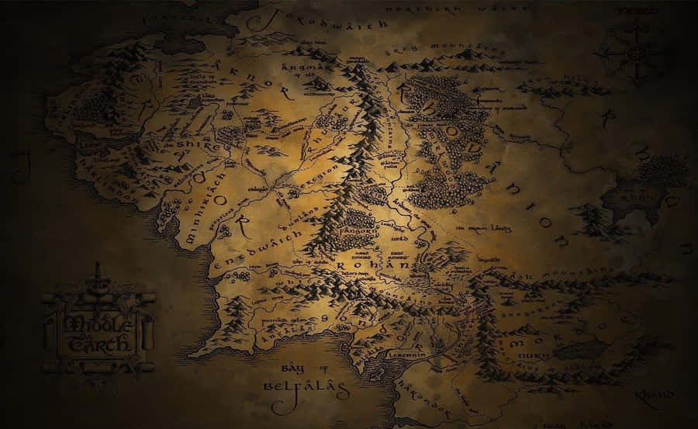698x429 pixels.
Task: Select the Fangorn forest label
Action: pyautogui.click(x=361, y=231)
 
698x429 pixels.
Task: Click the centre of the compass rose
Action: pyautogui.click(x=634, y=53)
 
